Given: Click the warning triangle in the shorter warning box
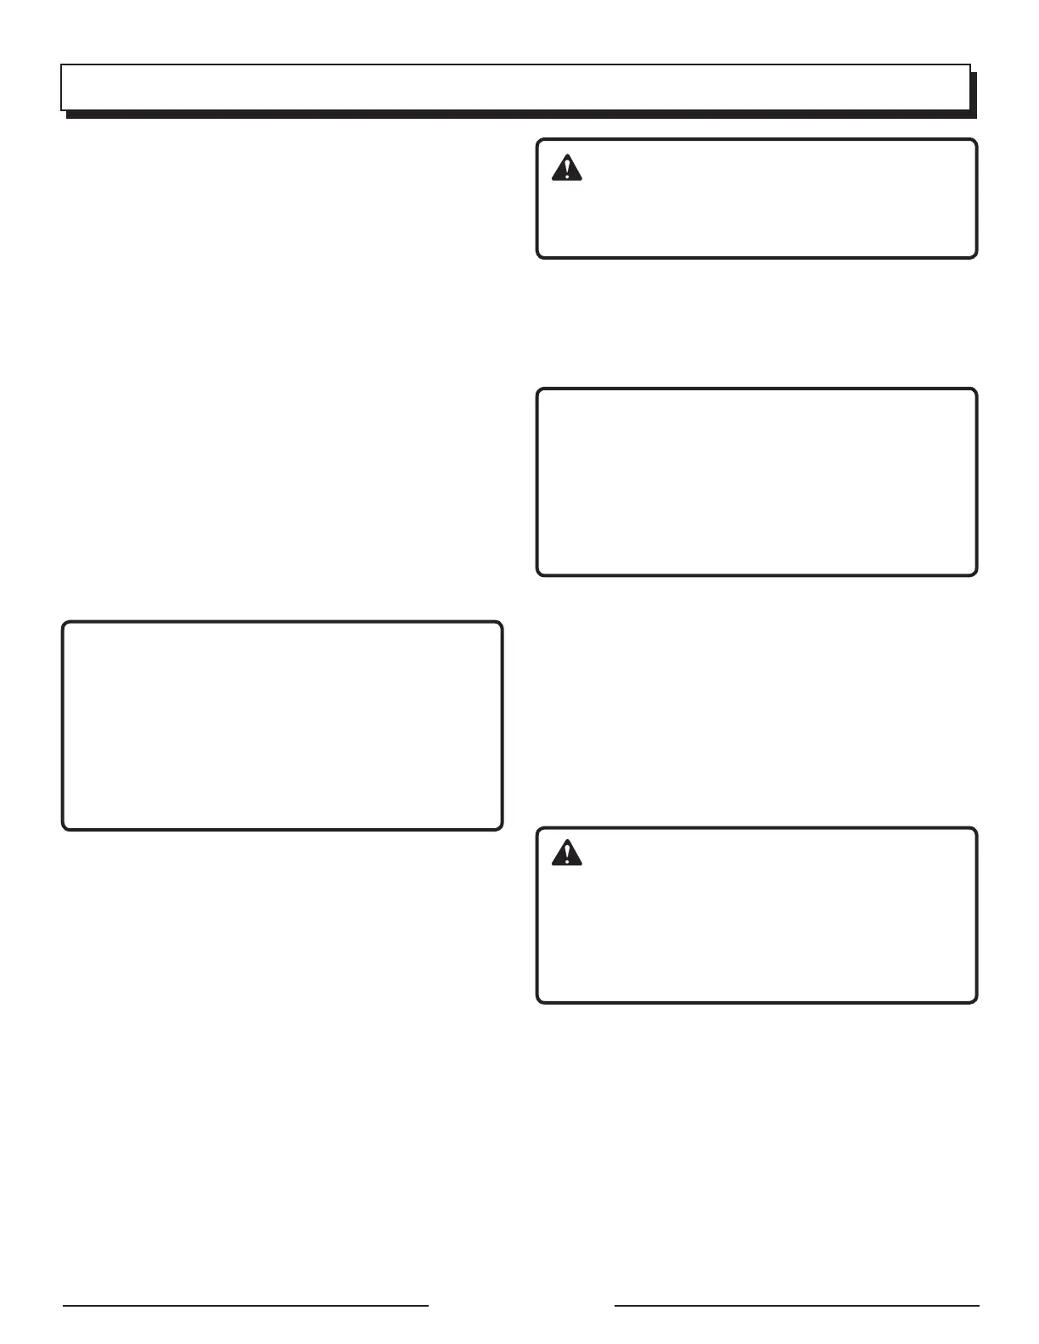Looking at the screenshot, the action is pos(566,170).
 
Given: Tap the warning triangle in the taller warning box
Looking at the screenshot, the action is pos(566,854).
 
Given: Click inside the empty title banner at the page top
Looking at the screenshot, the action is pos(514,87).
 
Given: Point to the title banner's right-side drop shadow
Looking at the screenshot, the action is pos(974,93).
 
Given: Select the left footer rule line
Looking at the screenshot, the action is pos(245,1305).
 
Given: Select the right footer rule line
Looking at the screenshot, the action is pos(796,1305).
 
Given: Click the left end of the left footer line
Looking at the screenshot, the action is pos(64,1305).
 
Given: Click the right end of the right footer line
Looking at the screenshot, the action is pos(978,1305).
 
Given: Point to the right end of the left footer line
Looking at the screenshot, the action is pos(428,1305).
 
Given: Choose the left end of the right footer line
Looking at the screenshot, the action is pos(615,1305).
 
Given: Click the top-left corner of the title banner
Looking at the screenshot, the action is pos(61,64).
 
